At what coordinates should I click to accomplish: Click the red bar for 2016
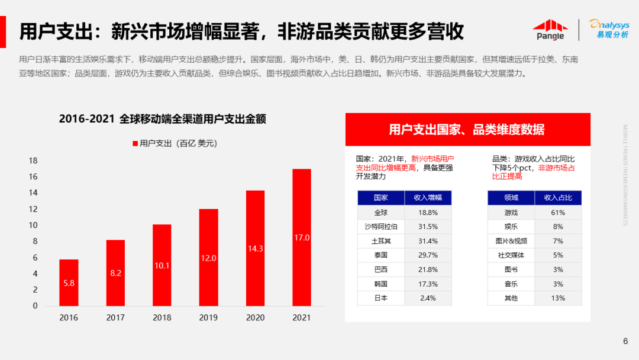[x=69, y=282]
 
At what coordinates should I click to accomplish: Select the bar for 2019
[x=208, y=258]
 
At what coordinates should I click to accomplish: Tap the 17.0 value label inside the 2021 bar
[x=302, y=237]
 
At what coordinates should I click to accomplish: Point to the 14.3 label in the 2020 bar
[x=255, y=249]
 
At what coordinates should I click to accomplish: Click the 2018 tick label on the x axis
[x=162, y=318]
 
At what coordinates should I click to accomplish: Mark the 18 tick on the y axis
[x=33, y=160]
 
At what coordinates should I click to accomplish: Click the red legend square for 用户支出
[x=135, y=143]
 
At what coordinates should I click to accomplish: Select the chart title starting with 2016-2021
[x=162, y=119]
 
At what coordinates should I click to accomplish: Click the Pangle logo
[x=550, y=30]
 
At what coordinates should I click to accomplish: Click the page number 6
[x=625, y=340]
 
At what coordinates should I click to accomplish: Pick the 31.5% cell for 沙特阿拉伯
[x=428, y=227]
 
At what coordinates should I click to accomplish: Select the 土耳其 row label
[x=381, y=241]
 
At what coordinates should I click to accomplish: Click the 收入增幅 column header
[x=428, y=198]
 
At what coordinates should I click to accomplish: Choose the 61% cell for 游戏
[x=558, y=212]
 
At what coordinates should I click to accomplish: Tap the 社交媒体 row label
[x=511, y=255]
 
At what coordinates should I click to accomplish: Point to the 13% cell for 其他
[x=558, y=298]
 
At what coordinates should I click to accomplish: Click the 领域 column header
[x=511, y=198]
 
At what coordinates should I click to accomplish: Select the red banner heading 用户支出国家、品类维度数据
[x=467, y=130]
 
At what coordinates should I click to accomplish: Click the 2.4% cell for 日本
[x=428, y=298]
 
